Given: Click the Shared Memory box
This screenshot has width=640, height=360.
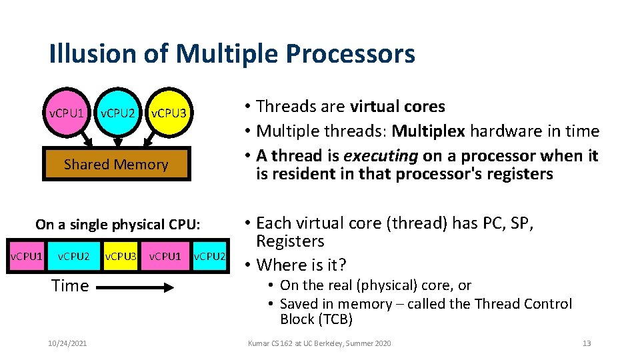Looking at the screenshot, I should pyautogui.click(x=116, y=165).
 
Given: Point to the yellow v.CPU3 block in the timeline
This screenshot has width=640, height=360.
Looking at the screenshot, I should pyautogui.click(x=121, y=257).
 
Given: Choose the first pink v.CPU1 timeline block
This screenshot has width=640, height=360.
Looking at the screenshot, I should pyautogui.click(x=26, y=257).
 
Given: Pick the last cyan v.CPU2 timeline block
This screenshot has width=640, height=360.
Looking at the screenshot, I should pyautogui.click(x=209, y=257).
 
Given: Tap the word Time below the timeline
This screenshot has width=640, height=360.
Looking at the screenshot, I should pyautogui.click(x=70, y=286).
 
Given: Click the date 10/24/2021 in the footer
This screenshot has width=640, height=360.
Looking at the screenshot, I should pyautogui.click(x=67, y=343).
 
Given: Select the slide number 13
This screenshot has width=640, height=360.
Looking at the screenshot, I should pyautogui.click(x=587, y=343).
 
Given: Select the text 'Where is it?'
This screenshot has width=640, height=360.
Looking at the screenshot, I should pyautogui.click(x=301, y=265).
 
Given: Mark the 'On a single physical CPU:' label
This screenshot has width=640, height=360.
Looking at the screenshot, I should pyautogui.click(x=117, y=225).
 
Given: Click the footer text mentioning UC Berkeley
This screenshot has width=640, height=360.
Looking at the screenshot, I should pyautogui.click(x=319, y=343).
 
